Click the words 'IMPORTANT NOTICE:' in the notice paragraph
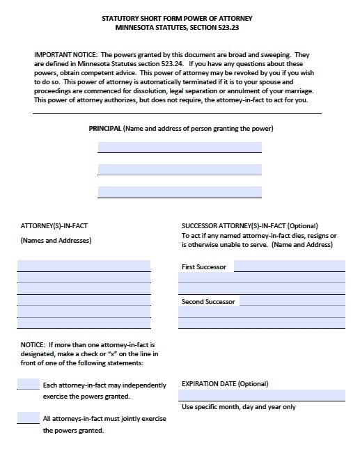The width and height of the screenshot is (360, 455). [x=63, y=54]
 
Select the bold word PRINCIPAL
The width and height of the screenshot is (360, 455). [x=104, y=129]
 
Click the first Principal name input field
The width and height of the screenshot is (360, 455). [x=180, y=147]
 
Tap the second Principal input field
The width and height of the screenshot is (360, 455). [x=180, y=170]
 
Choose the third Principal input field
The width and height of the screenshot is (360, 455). [x=180, y=191]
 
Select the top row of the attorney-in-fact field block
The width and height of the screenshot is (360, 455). [x=84, y=265]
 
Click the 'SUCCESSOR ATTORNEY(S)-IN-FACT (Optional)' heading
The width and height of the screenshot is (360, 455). [x=249, y=226]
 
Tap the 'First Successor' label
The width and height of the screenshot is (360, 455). [x=203, y=267]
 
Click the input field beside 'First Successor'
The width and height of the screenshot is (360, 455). [x=289, y=266]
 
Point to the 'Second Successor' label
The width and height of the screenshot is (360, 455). [x=208, y=302]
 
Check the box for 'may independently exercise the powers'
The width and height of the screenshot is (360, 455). [x=28, y=384]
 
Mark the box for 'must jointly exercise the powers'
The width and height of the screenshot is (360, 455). [x=28, y=417]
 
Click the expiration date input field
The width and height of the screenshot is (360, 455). [x=262, y=395]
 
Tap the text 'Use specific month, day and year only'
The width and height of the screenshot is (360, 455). [x=238, y=407]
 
